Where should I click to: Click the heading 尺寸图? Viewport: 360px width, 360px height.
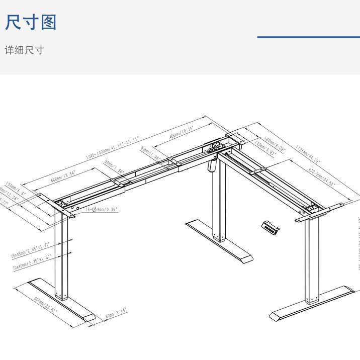pyautogui.click(x=31, y=23)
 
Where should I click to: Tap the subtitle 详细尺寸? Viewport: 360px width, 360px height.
pyautogui.click(x=24, y=50)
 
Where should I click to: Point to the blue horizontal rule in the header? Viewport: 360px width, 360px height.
pyautogui.click(x=308, y=37)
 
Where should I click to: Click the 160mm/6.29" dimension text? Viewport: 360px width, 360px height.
pyautogui.click(x=274, y=144)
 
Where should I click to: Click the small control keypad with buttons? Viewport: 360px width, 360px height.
pyautogui.click(x=271, y=227)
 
